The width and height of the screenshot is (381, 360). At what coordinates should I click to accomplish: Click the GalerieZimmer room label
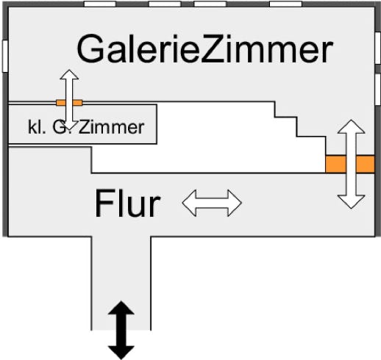(205, 48)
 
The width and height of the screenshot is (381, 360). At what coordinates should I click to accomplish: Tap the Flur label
(127, 204)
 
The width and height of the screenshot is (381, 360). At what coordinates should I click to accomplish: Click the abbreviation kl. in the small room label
(37, 127)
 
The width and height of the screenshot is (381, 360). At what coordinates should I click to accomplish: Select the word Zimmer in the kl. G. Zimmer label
(112, 127)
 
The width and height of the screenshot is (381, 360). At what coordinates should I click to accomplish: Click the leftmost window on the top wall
(100, 4)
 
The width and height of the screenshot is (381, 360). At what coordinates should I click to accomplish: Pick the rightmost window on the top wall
(285, 4)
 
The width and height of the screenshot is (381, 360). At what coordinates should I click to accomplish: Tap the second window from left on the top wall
(165, 4)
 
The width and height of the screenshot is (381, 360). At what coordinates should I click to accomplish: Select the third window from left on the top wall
(210, 4)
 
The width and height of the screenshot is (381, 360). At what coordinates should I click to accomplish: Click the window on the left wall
(5, 56)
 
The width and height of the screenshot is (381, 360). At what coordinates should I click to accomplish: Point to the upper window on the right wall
(378, 48)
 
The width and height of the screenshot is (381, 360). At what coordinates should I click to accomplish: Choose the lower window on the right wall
(378, 90)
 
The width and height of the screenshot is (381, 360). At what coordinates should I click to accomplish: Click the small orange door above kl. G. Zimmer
(69, 103)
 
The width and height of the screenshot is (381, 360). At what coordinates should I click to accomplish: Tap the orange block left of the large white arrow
(335, 164)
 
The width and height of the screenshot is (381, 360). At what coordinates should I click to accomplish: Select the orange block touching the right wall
(366, 164)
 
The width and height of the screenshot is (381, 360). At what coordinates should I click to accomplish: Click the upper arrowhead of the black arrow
(121, 308)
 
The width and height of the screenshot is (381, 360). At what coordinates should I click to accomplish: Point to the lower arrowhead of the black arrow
(121, 353)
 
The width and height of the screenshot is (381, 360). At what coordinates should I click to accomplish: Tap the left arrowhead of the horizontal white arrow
(189, 203)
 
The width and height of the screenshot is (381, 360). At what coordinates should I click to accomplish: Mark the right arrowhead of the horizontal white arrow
(235, 203)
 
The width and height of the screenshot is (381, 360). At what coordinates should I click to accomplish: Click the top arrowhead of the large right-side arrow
(352, 126)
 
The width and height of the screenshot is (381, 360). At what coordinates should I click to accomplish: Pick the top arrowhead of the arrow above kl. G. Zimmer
(69, 74)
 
